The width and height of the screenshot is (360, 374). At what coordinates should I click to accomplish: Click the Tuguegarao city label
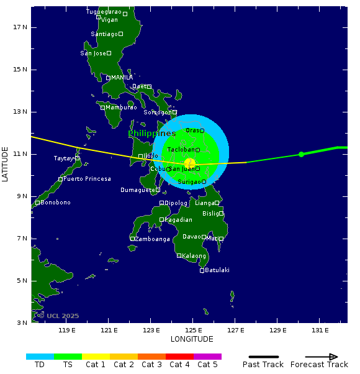coord(104,12)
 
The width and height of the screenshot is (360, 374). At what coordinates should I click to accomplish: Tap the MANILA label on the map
coord(122,78)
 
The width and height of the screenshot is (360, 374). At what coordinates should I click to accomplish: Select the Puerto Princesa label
coord(87,179)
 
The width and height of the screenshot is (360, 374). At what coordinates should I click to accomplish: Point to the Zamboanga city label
coord(153,239)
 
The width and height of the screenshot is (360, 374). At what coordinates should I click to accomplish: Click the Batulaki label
coord(217,270)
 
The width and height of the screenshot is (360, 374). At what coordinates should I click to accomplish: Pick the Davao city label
coord(191,237)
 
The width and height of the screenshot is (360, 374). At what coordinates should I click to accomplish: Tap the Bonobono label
coord(55,203)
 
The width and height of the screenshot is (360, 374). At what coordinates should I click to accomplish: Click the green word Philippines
coord(152,134)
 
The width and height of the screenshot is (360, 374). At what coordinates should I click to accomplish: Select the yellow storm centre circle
coord(190,163)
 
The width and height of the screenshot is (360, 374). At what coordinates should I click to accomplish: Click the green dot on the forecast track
coord(301,154)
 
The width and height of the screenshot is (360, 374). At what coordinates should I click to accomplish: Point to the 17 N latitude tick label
coord(20,27)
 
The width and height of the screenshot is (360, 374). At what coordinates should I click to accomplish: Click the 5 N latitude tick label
coord(20,280)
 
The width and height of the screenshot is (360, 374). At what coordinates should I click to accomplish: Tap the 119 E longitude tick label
coord(67,330)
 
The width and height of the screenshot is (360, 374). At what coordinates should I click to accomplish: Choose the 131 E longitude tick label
coord(320,330)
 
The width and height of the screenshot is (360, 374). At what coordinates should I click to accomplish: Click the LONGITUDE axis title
coord(192,339)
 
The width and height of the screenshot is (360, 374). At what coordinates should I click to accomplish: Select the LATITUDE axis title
coord(6,164)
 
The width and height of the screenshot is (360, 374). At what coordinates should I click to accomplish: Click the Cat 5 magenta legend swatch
coord(207,357)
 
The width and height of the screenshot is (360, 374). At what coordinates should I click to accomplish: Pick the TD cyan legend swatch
coord(40,357)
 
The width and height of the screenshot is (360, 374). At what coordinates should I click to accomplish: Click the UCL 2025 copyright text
coord(58,316)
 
